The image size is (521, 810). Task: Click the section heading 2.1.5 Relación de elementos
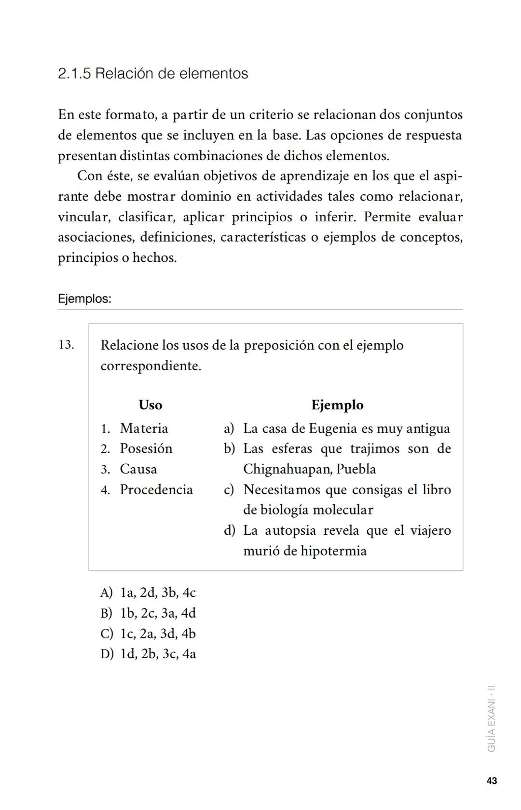153,74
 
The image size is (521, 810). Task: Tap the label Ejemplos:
84,299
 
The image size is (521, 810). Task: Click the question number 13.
66,345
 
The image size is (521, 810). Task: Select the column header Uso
150,405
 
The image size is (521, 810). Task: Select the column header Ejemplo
337,405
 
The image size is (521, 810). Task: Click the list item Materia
144,428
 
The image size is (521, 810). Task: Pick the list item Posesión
146,449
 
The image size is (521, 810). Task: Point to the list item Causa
138,469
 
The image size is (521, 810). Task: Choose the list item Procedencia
156,490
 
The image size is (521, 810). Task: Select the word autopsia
290,531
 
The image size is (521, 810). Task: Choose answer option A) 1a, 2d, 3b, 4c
148,593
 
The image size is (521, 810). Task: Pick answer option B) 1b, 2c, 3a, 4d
148,613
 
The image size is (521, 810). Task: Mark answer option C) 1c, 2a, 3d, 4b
148,634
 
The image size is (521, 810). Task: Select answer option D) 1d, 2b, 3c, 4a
148,654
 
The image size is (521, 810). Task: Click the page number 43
492,781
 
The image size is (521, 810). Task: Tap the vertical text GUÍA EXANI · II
492,718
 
